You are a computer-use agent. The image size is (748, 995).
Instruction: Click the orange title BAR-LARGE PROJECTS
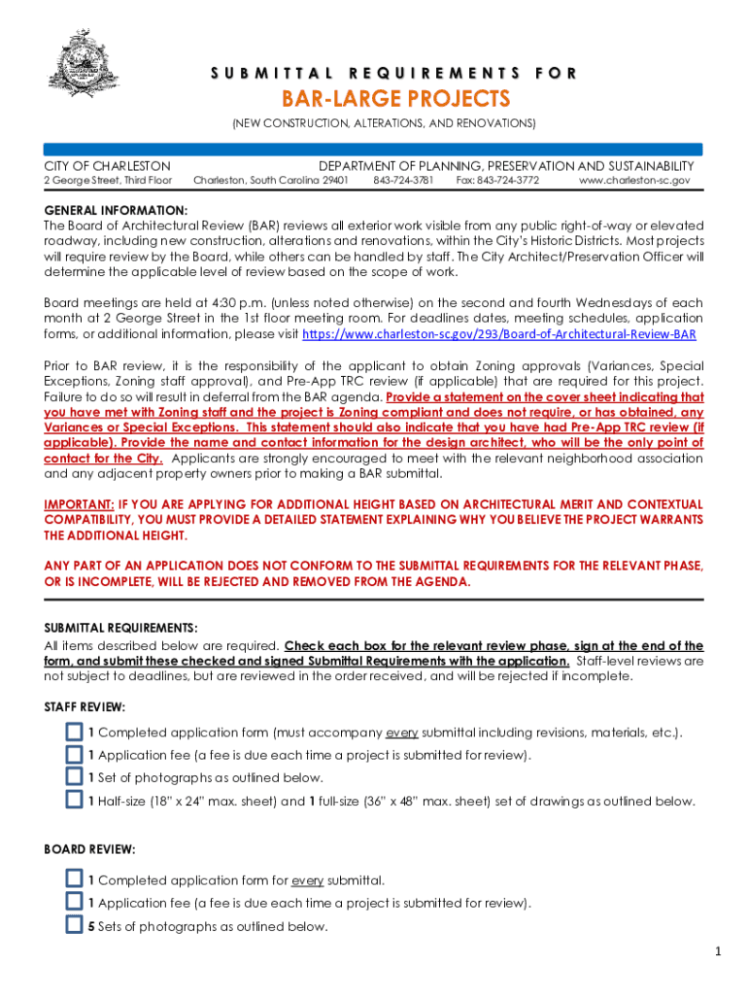pyautogui.click(x=395, y=99)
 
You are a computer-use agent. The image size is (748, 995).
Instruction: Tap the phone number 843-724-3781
pyautogui.click(x=403, y=181)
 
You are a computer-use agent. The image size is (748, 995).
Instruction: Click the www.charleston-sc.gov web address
pyautogui.click(x=634, y=181)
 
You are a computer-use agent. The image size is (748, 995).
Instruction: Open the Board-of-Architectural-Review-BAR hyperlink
pyautogui.click(x=499, y=334)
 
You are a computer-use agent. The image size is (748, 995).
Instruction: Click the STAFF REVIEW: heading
pyautogui.click(x=85, y=707)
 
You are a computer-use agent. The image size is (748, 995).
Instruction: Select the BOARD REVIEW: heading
pyautogui.click(x=89, y=849)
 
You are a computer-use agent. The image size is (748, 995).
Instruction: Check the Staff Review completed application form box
pyautogui.click(x=74, y=732)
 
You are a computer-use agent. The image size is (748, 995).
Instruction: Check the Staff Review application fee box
pyautogui.click(x=74, y=755)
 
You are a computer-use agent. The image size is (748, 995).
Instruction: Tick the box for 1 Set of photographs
pyautogui.click(x=74, y=777)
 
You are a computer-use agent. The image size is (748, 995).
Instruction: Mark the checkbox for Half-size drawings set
pyautogui.click(x=74, y=801)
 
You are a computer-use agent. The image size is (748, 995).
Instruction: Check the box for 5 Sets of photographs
pyautogui.click(x=74, y=925)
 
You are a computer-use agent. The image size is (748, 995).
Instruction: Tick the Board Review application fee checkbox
pyautogui.click(x=74, y=903)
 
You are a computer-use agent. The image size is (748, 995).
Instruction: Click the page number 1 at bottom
pyautogui.click(x=718, y=952)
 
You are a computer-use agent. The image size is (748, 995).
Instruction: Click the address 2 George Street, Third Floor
pyautogui.click(x=109, y=181)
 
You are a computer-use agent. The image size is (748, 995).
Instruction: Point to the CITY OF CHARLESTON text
pyautogui.click(x=108, y=166)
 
